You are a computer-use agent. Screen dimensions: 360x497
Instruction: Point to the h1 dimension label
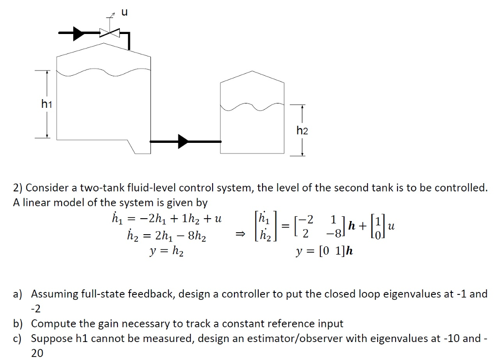point(47,103)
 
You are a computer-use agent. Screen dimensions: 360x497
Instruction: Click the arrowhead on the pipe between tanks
point(183,141)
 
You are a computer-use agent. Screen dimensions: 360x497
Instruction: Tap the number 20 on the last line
point(37,354)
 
